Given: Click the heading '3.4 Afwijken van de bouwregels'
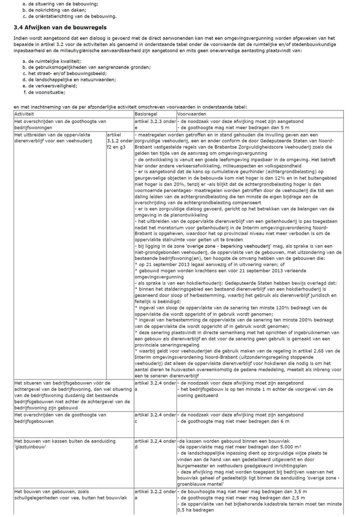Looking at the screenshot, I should click(x=60, y=27).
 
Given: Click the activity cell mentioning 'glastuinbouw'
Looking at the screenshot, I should click(x=65, y=444).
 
